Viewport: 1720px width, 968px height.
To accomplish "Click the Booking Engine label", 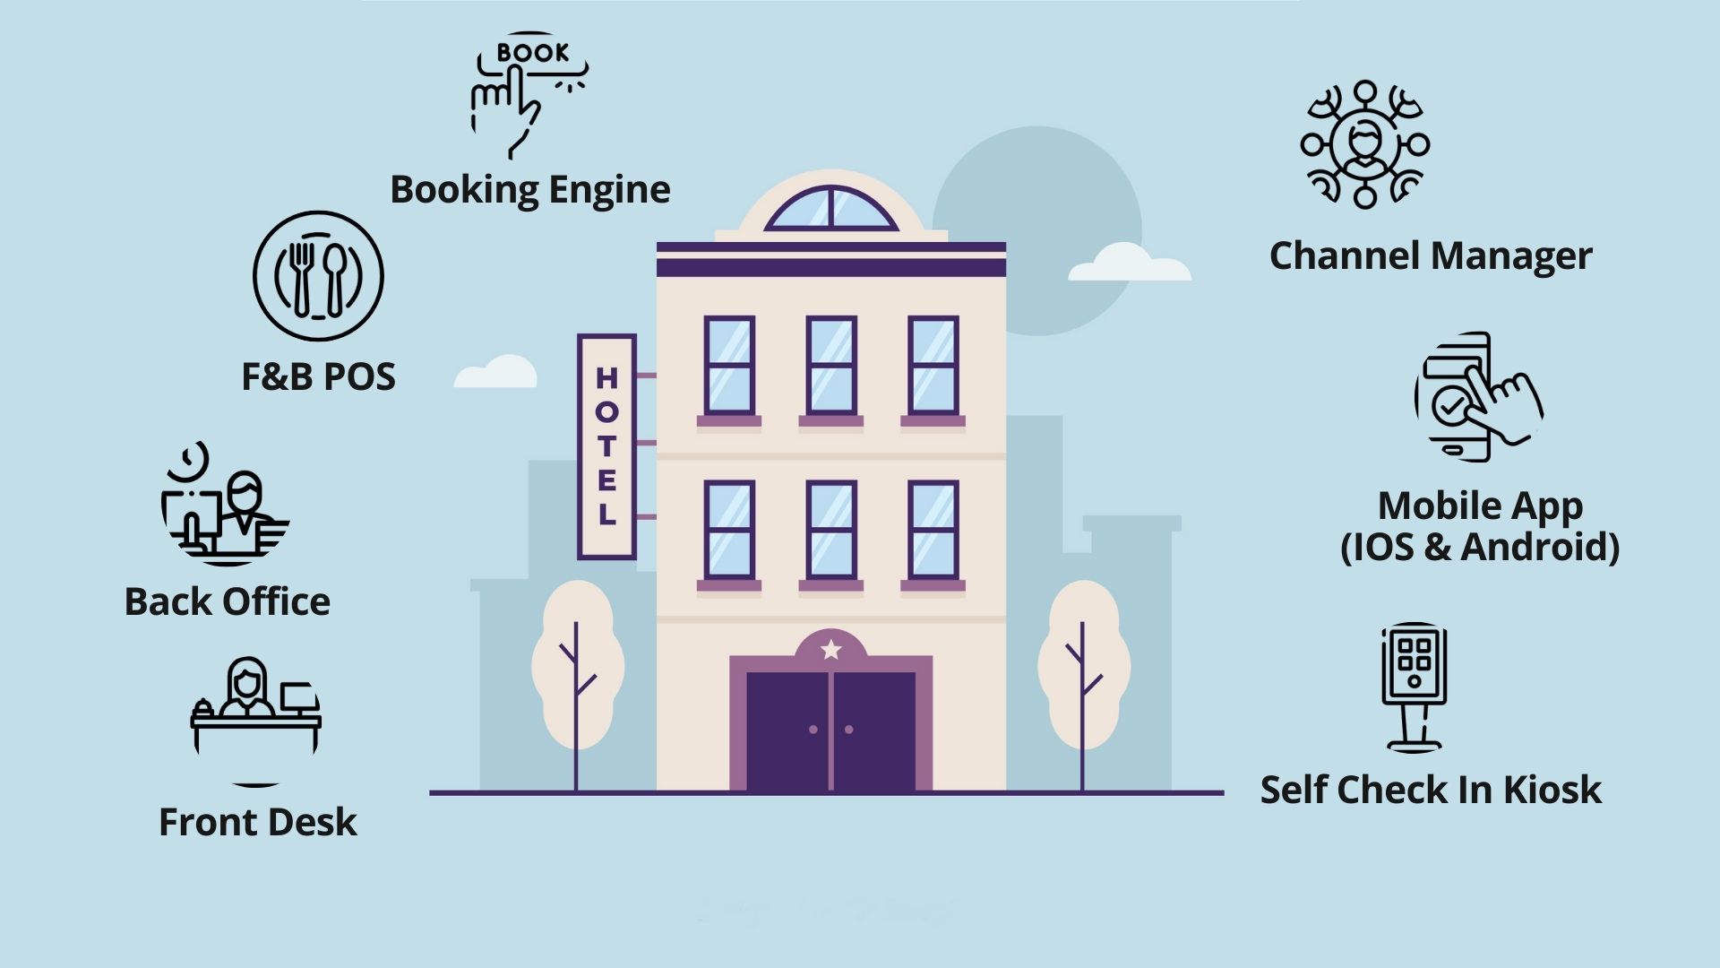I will (x=530, y=190).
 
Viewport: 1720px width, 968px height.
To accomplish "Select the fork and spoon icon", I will (x=318, y=276).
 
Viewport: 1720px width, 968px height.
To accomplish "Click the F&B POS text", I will (x=318, y=376).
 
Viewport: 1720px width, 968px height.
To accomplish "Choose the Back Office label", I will (x=228, y=601).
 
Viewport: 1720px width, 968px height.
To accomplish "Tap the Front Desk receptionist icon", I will (x=256, y=708).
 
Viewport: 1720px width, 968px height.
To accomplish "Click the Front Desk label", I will (x=258, y=822).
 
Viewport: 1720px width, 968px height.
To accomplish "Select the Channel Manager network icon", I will (x=1364, y=145).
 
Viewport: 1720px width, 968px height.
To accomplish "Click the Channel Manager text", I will (x=1431, y=256).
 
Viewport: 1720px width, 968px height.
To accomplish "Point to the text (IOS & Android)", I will (x=1480, y=548).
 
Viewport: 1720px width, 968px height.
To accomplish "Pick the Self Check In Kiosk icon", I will (x=1414, y=686).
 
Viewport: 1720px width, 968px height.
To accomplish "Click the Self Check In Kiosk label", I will (x=1431, y=790).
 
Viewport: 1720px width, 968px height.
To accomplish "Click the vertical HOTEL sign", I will (x=606, y=446).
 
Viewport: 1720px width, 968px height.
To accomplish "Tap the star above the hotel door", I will (x=831, y=649).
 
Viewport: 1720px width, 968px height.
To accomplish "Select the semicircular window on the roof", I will (x=831, y=210).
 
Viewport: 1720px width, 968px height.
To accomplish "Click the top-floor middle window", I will (x=831, y=365).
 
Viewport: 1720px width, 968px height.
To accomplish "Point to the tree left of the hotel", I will (x=577, y=668).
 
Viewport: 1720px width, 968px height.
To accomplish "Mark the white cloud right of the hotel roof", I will (x=1129, y=264).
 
